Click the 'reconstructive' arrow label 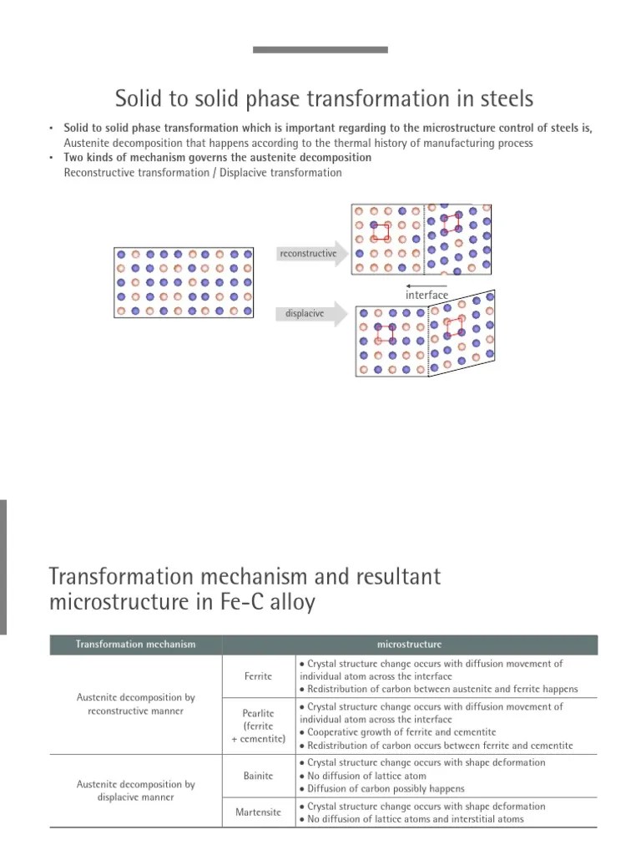coord(307,253)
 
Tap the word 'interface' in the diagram coord(426,295)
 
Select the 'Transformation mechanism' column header coord(136,645)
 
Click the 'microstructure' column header coord(409,645)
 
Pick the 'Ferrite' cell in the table coord(258,676)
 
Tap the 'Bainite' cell coord(258,776)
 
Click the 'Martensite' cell coord(258,812)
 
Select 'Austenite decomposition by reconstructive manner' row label coord(136,703)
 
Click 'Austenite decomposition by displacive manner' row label coord(136,791)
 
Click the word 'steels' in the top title coord(503,100)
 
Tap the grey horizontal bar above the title coord(320,50)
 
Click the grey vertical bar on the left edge coord(3,568)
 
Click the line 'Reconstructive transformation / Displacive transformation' coord(203,173)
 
